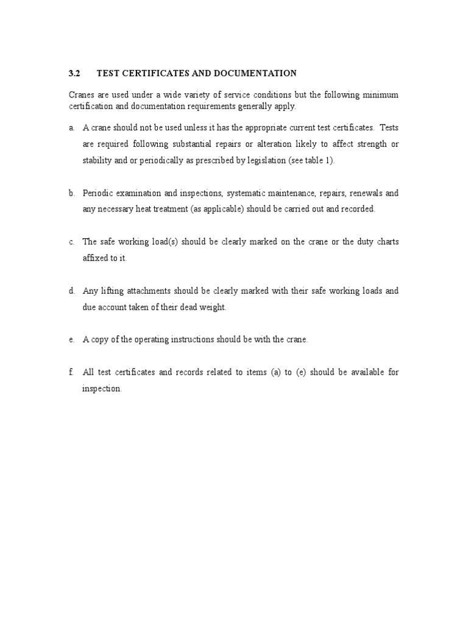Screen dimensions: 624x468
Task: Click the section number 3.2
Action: click(74, 74)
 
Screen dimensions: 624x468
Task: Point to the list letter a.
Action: click(71, 128)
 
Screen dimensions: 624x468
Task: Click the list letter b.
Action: click(71, 193)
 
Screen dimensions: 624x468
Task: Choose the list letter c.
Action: click(71, 242)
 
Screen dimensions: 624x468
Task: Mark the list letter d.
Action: click(71, 291)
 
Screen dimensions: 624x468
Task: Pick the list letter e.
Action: click(71, 340)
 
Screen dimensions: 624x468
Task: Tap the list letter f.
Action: click(71, 372)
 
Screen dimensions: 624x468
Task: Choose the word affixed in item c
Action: click(95, 258)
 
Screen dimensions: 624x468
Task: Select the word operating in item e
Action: click(143, 340)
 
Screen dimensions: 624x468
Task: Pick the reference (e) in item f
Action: click(300, 372)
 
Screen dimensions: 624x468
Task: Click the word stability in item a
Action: click(96, 161)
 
